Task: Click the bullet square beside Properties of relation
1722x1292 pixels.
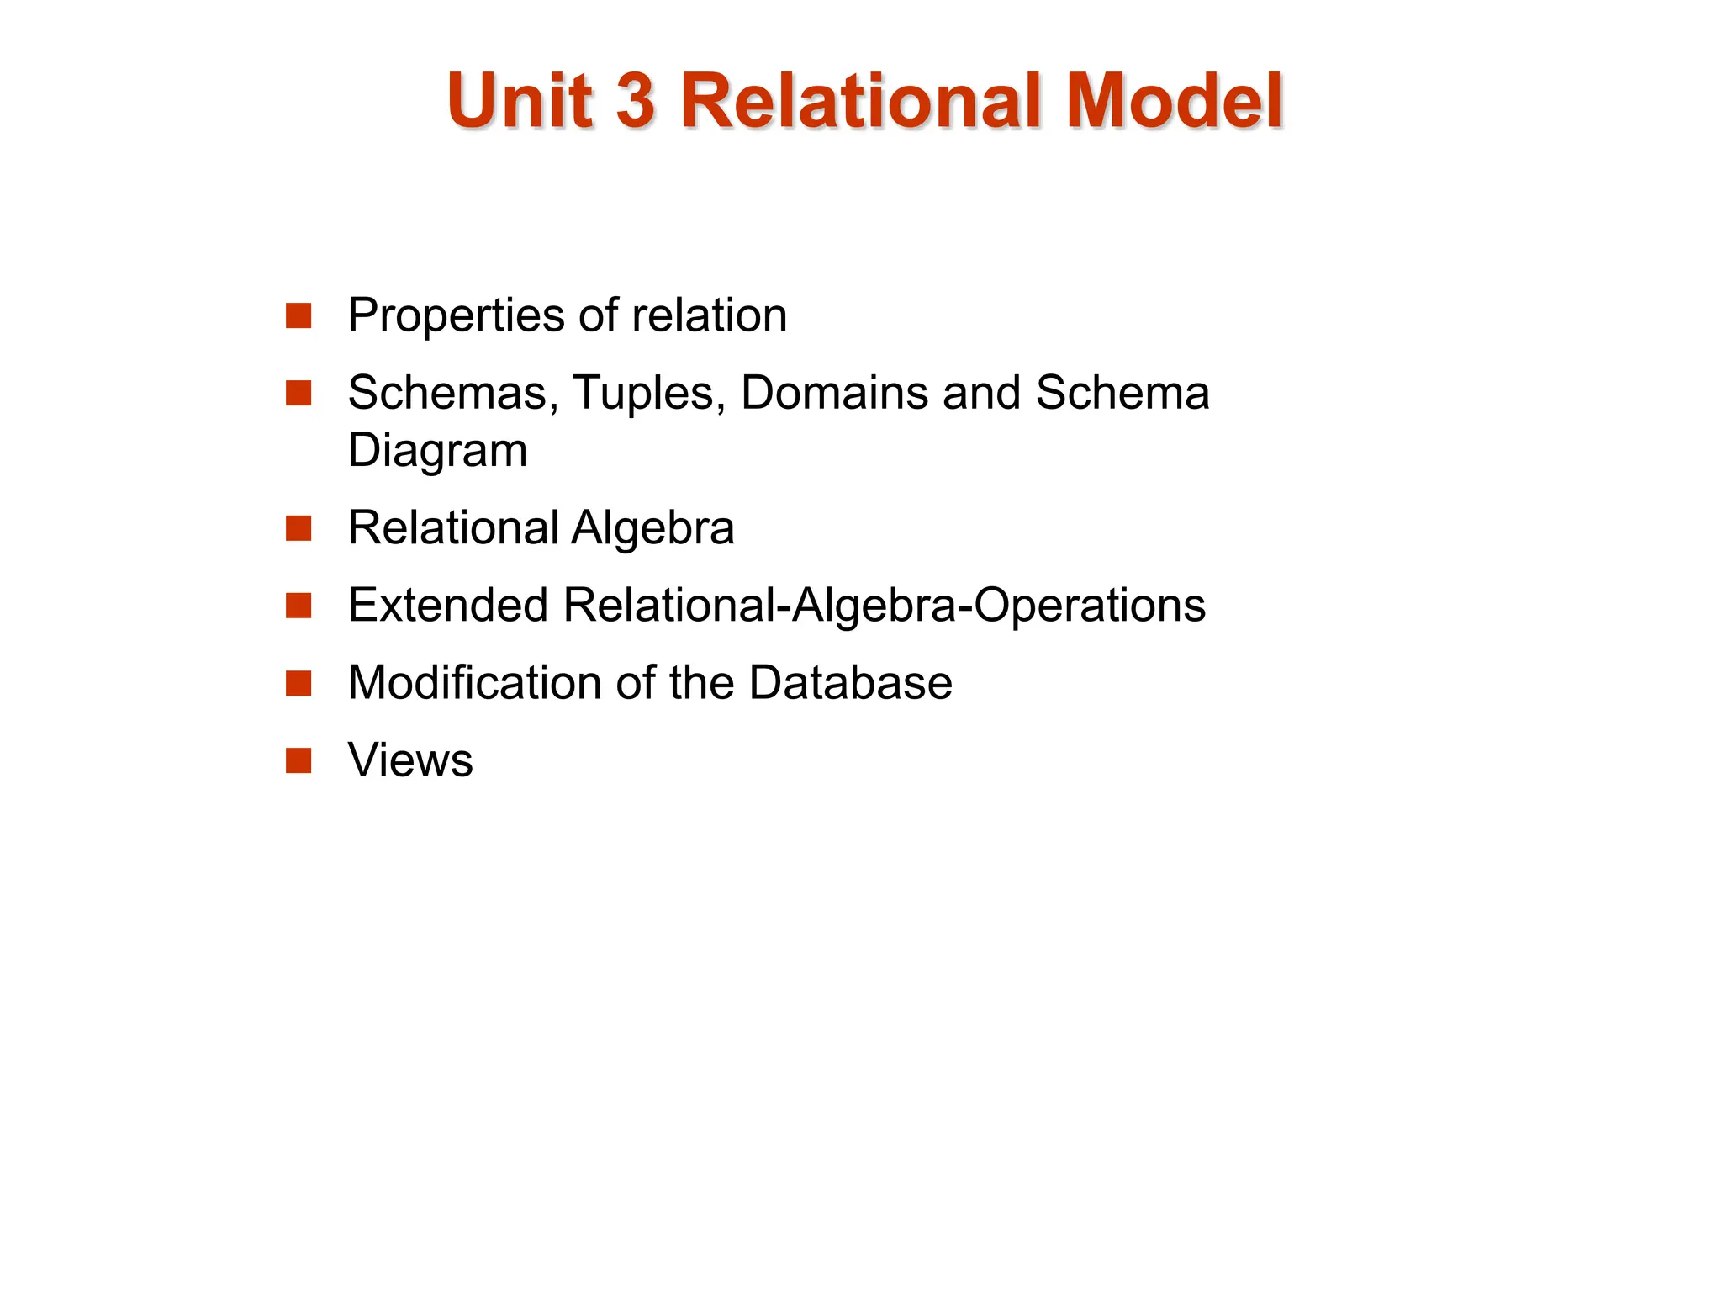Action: coord(298,316)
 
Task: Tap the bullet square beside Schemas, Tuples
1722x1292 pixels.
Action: coord(298,393)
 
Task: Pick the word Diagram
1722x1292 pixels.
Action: coord(437,451)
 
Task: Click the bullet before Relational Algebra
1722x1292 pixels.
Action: coord(298,529)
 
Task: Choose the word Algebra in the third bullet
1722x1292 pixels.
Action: coord(652,528)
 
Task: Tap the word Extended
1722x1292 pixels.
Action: coord(447,606)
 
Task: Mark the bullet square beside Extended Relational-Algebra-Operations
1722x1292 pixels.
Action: coord(298,606)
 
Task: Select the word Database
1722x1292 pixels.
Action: coord(850,682)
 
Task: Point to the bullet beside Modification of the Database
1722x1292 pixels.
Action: coord(298,683)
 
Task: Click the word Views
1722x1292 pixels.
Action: coord(410,760)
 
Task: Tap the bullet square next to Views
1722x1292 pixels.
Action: coord(298,760)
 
